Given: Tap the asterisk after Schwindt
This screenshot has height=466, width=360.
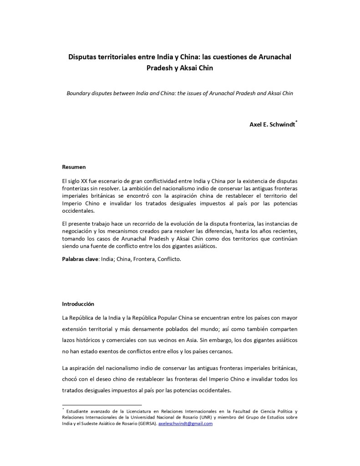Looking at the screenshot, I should [x=296, y=121].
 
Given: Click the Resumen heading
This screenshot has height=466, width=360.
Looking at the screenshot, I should [x=74, y=167].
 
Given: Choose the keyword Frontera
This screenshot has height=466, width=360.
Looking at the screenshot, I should [x=147, y=259].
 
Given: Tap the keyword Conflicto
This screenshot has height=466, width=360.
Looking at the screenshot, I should [x=170, y=259].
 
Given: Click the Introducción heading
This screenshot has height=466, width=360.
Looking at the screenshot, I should [x=78, y=303].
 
